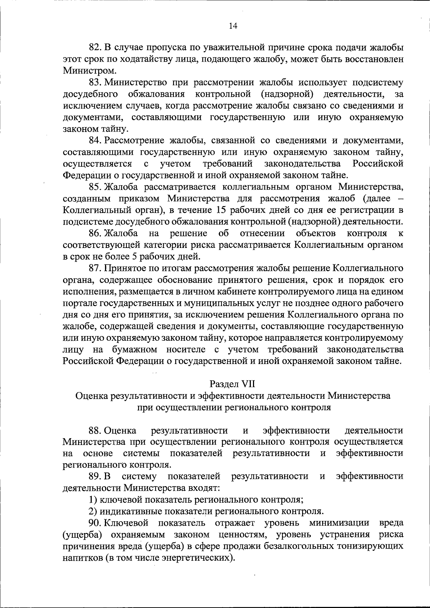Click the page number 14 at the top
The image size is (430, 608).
[233, 26]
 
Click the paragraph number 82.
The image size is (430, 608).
[95, 47]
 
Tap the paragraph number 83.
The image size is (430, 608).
[95, 83]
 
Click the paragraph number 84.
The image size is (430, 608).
[95, 140]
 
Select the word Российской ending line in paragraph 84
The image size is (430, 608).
[378, 164]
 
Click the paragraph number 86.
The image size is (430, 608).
[95, 234]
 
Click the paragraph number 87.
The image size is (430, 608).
[95, 268]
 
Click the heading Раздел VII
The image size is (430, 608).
[232, 384]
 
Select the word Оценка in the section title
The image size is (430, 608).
[91, 396]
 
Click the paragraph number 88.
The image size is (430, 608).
[95, 430]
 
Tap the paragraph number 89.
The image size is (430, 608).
[95, 477]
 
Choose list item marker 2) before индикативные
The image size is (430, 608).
[92, 511]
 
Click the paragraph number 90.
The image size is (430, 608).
[95, 523]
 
